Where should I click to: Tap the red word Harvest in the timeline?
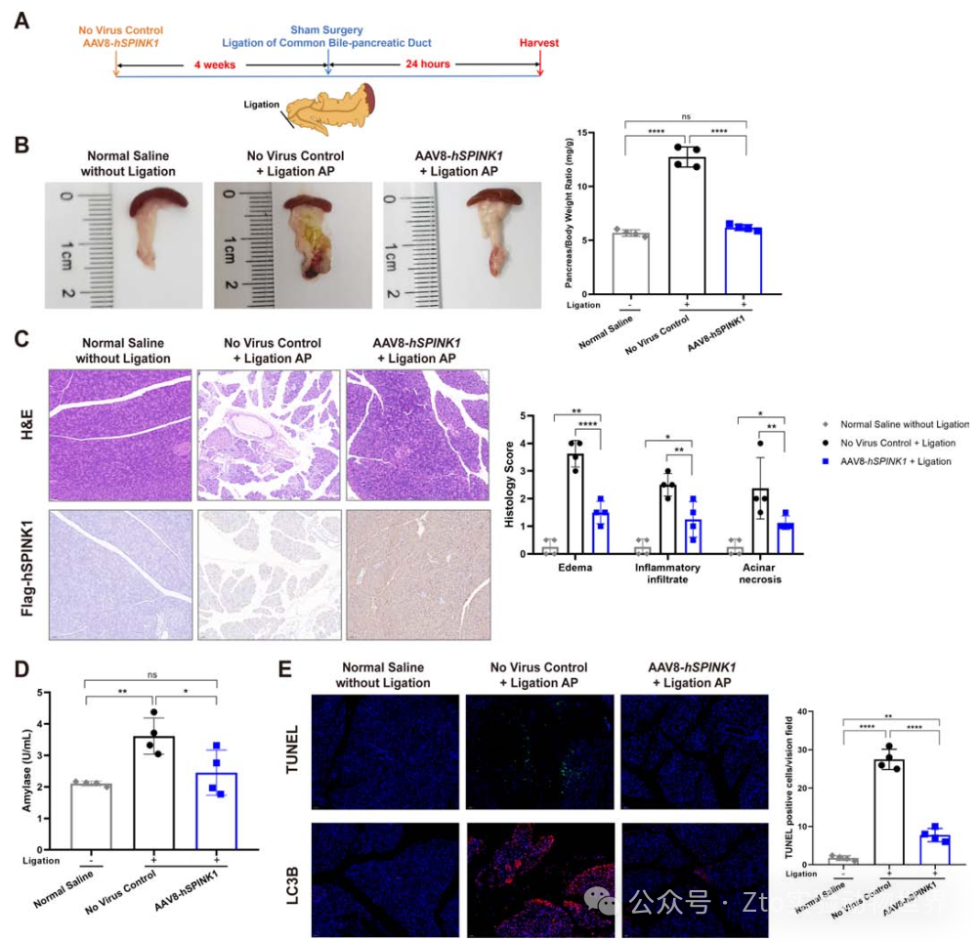pos(540,43)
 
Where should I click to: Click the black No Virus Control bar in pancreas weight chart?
pos(687,225)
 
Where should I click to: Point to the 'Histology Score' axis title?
pos(512,485)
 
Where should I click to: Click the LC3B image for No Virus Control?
pos(539,880)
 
